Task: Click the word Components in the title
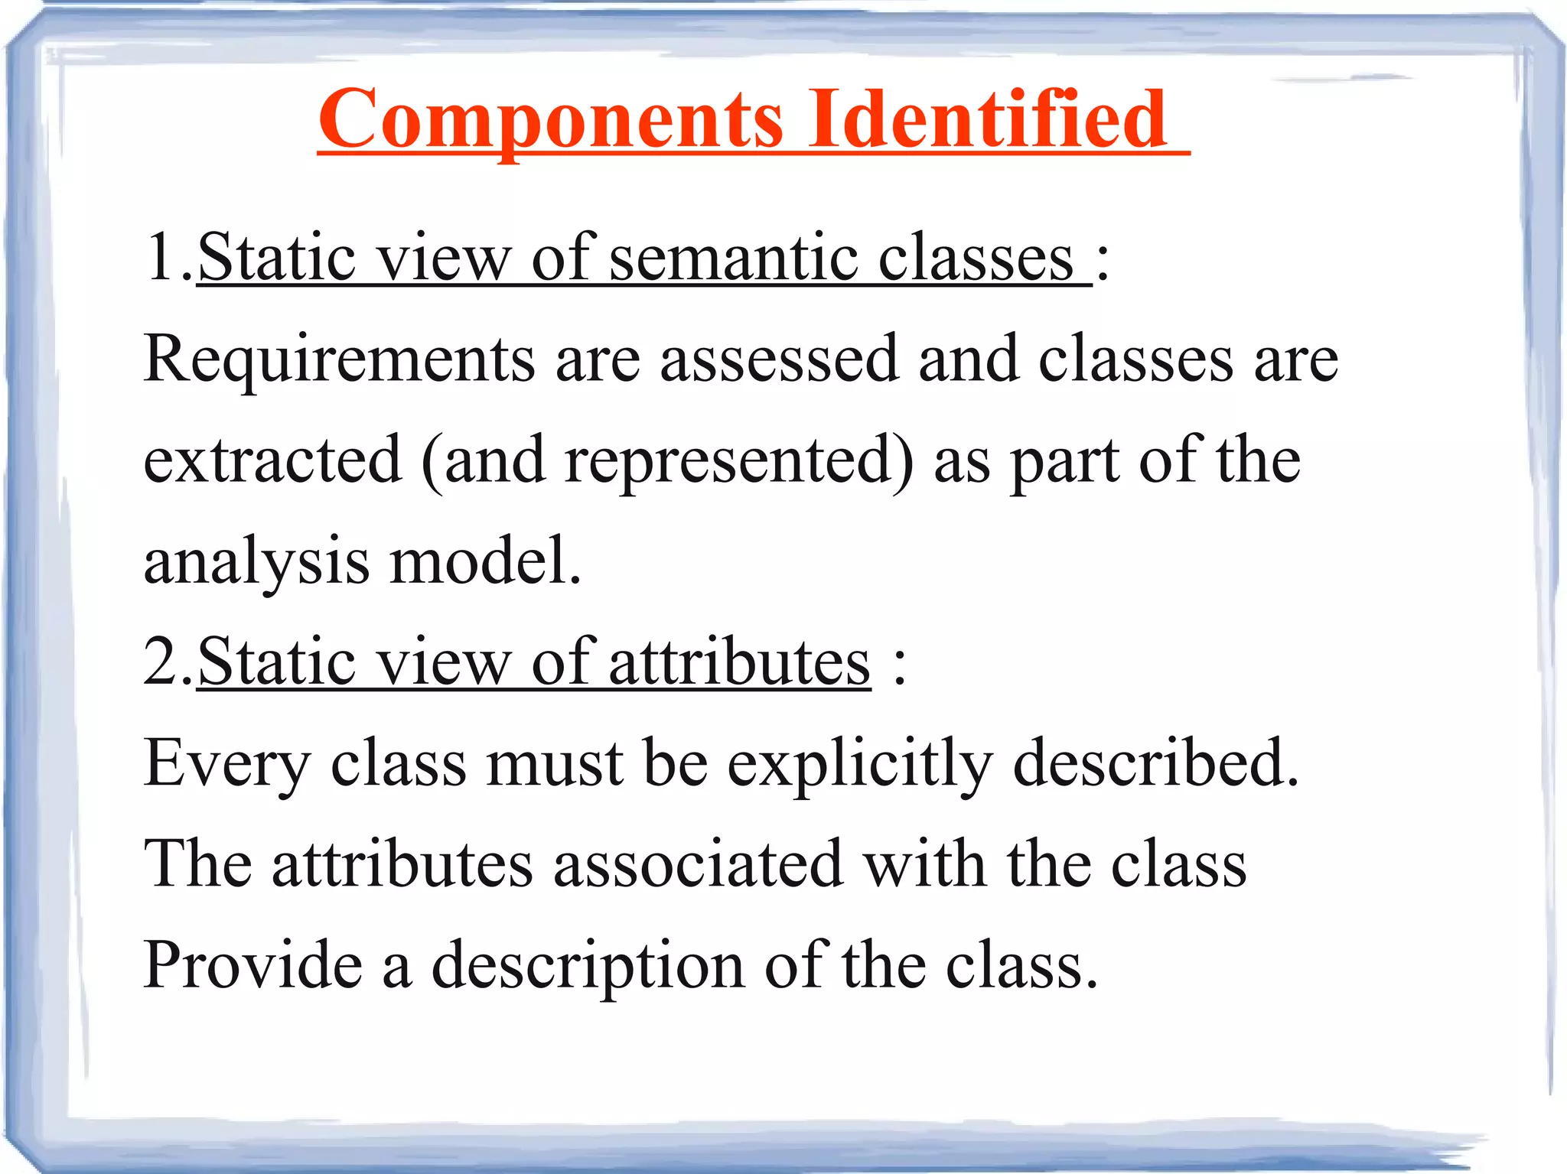551,121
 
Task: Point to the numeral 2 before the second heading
162,661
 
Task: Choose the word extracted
272,460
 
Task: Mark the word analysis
257,563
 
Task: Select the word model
485,561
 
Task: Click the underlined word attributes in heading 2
739,662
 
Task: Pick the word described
1155,763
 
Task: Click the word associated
699,864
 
